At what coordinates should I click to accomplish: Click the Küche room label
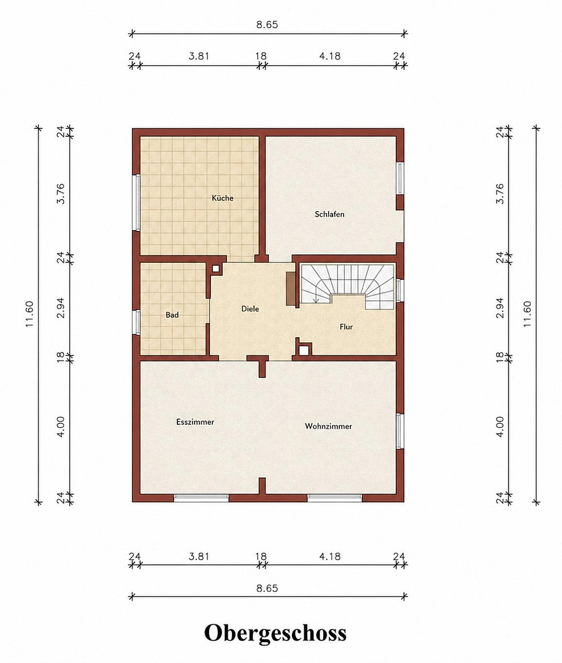click(x=223, y=198)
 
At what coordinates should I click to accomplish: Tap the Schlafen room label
click(x=329, y=214)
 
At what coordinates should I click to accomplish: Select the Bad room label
click(x=172, y=315)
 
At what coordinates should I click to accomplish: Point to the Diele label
click(x=250, y=309)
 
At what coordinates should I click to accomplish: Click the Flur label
click(x=346, y=327)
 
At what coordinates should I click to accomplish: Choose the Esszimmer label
click(x=195, y=422)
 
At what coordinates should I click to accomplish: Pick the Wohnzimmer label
click(x=328, y=426)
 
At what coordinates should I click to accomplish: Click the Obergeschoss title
click(x=275, y=634)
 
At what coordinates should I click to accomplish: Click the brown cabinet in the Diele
click(x=291, y=289)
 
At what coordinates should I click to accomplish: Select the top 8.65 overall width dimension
click(x=267, y=25)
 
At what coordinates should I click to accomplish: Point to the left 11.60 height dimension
click(x=29, y=314)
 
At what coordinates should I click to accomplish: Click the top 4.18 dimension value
click(x=329, y=56)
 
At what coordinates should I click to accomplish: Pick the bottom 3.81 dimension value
click(x=199, y=556)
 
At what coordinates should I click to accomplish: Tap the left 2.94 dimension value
click(x=61, y=308)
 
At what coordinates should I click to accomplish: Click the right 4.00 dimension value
click(x=500, y=427)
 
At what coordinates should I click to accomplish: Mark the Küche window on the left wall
click(x=136, y=203)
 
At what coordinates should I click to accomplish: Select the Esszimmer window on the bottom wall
click(x=201, y=498)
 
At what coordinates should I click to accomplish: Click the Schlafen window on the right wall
click(x=400, y=178)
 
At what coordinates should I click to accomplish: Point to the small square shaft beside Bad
click(x=216, y=268)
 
